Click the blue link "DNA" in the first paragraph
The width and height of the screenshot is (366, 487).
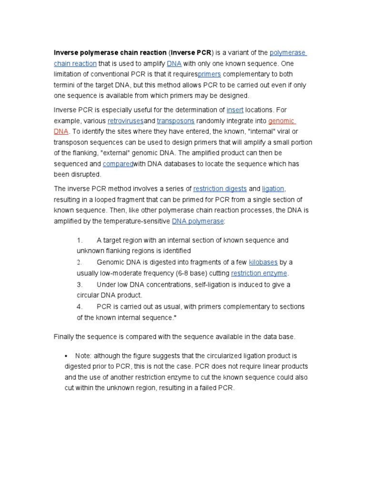pyautogui.click(x=174, y=63)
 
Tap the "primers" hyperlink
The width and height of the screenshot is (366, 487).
pyautogui.click(x=209, y=74)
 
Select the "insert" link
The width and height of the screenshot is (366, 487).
pyautogui.click(x=235, y=110)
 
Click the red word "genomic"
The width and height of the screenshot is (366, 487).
pyautogui.click(x=282, y=121)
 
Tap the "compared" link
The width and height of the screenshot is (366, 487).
pyautogui.click(x=118, y=164)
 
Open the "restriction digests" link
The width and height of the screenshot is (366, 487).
pyautogui.click(x=220, y=189)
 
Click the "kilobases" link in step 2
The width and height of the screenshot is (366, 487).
pyautogui.click(x=263, y=262)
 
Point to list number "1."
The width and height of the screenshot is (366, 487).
pyautogui.click(x=80, y=240)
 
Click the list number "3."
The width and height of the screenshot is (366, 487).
pyautogui.click(x=80, y=284)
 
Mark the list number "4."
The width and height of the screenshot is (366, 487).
pyautogui.click(x=80, y=306)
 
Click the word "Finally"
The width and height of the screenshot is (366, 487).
pyautogui.click(x=64, y=337)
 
